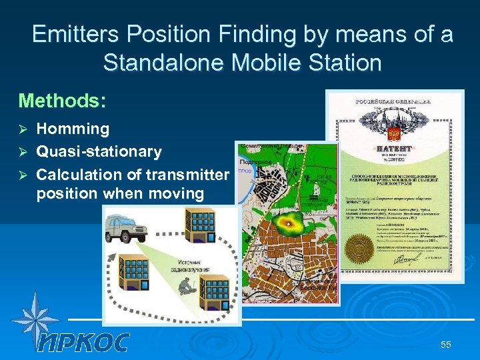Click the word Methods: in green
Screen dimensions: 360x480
(62, 101)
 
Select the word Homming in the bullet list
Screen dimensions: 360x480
(73, 129)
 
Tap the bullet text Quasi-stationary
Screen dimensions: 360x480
(99, 152)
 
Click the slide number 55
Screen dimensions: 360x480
(445, 344)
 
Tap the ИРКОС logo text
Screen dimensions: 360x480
(83, 341)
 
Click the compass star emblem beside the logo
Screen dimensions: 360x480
(35, 320)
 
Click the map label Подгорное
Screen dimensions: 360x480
(255, 161)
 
